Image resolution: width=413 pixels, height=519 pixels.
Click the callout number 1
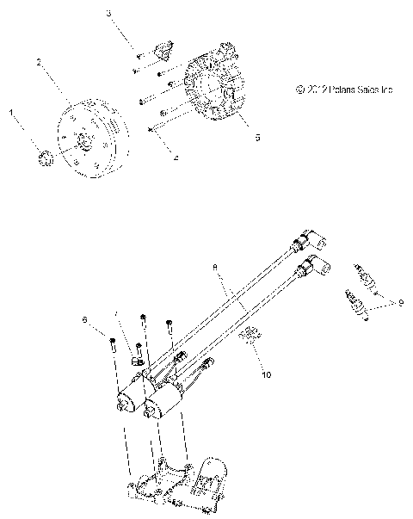[x=11, y=112]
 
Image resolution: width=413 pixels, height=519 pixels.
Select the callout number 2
[x=39, y=62]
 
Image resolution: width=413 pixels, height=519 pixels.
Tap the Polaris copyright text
[x=343, y=89]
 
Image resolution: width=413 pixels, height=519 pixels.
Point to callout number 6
[x=85, y=320]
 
